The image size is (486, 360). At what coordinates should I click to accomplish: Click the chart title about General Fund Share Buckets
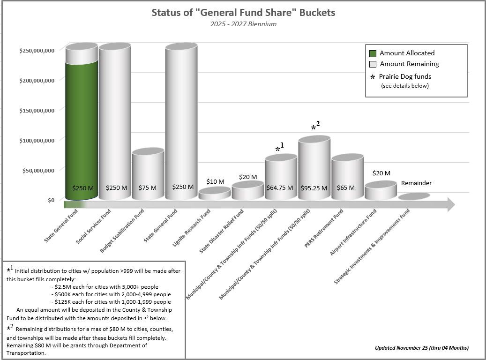coord(243,13)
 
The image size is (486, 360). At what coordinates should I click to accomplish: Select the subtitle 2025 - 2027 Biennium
coord(243,24)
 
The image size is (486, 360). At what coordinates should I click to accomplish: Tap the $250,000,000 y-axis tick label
coord(37,50)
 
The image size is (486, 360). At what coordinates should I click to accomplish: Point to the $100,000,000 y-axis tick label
coord(37,140)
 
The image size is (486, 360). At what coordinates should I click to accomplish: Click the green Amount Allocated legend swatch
coord(373,53)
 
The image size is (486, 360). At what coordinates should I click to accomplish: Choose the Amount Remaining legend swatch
coord(373,64)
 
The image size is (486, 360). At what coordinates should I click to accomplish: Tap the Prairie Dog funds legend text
coord(405,76)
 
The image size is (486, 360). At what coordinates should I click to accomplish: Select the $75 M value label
coord(148,187)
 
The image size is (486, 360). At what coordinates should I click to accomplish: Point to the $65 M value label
coord(346,187)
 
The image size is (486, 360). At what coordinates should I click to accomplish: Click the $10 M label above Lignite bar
coord(215,181)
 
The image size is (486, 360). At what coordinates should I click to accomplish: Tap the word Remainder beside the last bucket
coord(416,183)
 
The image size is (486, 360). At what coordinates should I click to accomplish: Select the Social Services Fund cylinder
coord(114,122)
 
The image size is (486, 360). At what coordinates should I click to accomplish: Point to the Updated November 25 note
coord(421,348)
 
